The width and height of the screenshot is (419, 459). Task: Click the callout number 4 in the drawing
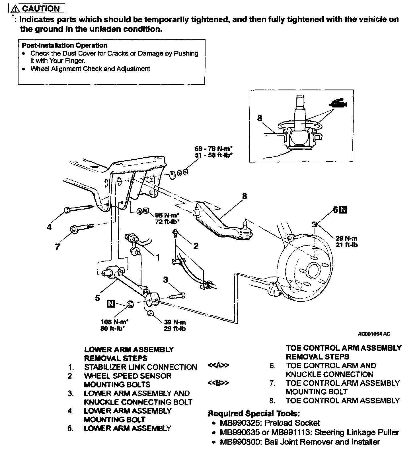(x=49, y=227)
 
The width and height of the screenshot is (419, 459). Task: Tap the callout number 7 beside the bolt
(x=57, y=247)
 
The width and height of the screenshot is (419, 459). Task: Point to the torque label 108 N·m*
(x=114, y=322)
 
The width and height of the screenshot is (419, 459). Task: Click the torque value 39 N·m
(x=175, y=322)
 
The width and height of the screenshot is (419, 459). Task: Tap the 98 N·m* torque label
(x=167, y=215)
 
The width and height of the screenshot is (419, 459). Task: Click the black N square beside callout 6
(x=344, y=210)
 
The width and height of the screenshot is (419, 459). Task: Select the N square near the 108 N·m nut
(x=111, y=304)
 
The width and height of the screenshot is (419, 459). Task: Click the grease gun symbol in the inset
(x=338, y=104)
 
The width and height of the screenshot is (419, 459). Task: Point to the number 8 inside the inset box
(x=260, y=118)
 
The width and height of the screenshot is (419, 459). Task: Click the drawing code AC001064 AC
(x=374, y=334)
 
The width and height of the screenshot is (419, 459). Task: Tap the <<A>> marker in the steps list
(x=219, y=366)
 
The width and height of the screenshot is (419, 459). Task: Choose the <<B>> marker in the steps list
(x=218, y=383)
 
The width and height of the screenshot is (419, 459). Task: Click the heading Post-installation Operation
(x=65, y=45)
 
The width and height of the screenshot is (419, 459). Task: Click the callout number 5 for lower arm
(x=98, y=298)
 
